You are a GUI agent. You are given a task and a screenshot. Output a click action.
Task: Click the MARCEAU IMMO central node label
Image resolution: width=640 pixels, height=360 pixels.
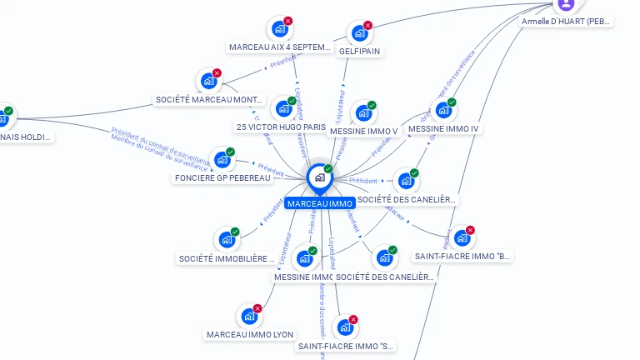point(319,203)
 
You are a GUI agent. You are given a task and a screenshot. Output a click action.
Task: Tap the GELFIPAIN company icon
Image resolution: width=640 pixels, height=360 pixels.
point(358,33)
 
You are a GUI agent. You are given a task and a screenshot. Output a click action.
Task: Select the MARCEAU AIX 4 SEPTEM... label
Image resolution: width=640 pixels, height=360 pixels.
point(280,47)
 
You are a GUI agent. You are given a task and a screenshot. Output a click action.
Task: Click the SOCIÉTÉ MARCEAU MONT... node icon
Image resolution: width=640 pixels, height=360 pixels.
point(207,82)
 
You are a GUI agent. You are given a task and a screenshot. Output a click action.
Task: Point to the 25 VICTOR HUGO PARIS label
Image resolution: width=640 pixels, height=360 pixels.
point(281,127)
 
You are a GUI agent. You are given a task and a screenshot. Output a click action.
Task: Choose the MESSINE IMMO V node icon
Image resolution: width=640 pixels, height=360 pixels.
point(362,113)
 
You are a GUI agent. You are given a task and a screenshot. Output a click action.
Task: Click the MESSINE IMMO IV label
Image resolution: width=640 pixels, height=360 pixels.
point(443,128)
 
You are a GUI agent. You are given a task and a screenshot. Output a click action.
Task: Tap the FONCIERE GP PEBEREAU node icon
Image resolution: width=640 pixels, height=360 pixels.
point(222,159)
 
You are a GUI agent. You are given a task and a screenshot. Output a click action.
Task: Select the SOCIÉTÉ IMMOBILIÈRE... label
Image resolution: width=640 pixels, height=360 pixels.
point(227,258)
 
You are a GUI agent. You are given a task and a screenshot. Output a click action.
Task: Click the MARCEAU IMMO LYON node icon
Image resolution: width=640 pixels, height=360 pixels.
point(248,317)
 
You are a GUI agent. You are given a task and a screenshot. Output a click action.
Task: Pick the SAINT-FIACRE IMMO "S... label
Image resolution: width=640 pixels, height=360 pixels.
point(346,346)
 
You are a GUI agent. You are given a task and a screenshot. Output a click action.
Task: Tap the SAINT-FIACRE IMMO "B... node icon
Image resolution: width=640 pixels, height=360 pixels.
point(461,238)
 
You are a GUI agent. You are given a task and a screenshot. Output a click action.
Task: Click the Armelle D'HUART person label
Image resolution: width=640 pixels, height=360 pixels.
point(567,21)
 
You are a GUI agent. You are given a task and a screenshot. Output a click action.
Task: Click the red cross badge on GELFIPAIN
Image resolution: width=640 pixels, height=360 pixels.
point(367,25)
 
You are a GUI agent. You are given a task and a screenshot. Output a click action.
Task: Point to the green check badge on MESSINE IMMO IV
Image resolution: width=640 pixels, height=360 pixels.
point(452,102)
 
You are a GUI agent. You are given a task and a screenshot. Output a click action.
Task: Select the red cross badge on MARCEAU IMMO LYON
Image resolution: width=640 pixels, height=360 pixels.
point(257,308)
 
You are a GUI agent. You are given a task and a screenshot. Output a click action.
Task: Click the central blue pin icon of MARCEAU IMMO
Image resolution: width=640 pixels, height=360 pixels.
point(319,177)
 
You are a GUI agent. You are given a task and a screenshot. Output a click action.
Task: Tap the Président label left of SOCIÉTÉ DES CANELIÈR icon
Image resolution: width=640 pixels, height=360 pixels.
point(363,181)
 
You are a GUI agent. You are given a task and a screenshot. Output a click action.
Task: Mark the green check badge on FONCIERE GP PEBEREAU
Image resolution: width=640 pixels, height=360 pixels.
point(231,152)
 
